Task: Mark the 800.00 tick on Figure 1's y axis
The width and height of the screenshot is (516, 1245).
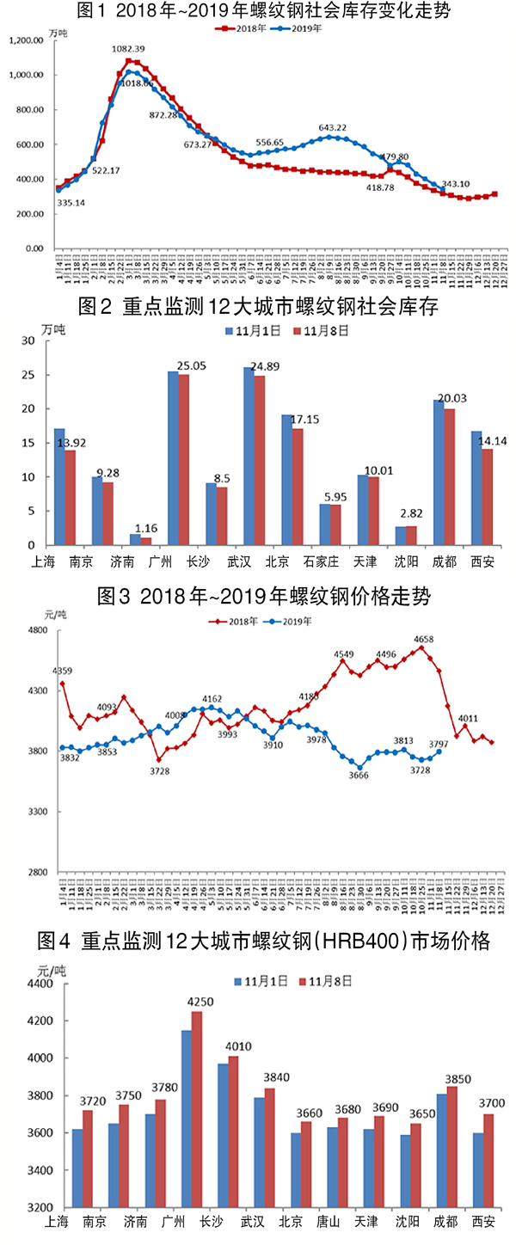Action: [x=33, y=110]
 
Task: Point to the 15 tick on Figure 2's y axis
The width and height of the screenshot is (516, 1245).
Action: [x=29, y=443]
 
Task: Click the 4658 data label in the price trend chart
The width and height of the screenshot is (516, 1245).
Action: [x=423, y=639]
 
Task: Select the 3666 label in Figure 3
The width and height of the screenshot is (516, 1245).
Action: [x=359, y=776]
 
